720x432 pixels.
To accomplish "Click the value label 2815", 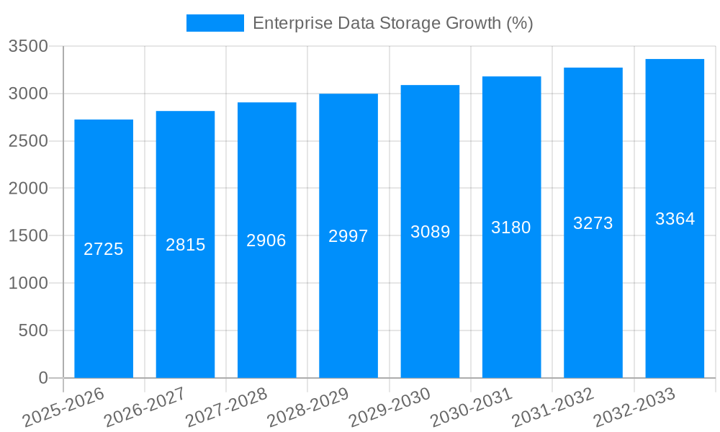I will coord(186,245).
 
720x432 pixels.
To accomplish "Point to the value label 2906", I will coord(266,240).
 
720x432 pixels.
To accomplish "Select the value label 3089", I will coord(430,232).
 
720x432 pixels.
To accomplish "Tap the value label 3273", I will coord(593,223).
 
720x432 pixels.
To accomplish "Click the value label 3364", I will coord(675,219).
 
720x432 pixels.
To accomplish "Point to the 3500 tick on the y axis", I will coord(28,47).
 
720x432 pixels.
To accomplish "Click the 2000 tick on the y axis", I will coord(28,189).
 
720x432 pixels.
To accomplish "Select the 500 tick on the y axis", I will coord(33,330).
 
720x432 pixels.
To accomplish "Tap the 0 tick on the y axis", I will coord(42,378).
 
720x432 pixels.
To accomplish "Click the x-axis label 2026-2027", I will coord(145,408).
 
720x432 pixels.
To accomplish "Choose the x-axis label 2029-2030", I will coord(390,408).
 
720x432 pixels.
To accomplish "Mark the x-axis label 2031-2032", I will coord(552,408).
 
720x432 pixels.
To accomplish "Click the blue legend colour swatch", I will coord(215,23).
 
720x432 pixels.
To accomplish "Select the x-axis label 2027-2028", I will coord(226,408).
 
